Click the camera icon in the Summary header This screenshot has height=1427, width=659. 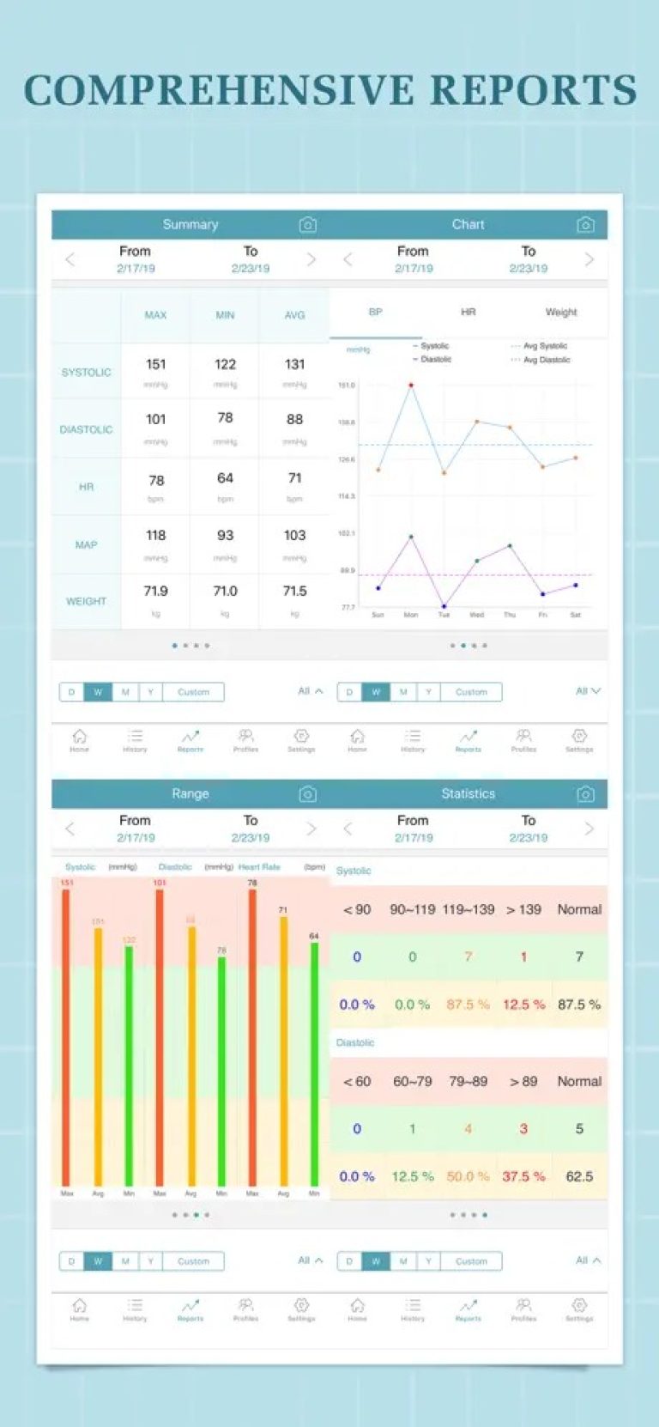[x=307, y=225]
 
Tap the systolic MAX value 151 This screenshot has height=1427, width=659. [x=155, y=365]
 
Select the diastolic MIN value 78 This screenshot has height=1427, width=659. [x=225, y=418]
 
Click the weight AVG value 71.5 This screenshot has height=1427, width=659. [x=294, y=592]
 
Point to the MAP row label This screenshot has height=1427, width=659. [x=86, y=545]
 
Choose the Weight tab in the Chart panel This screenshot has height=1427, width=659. [x=560, y=313]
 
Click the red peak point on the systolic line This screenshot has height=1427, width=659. [x=411, y=386]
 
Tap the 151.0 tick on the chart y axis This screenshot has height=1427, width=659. [x=346, y=386]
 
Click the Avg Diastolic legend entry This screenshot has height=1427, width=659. [x=546, y=360]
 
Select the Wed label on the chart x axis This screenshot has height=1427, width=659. [x=477, y=615]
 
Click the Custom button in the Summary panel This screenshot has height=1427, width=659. [x=193, y=692]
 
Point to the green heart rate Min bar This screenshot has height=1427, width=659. [x=314, y=1065]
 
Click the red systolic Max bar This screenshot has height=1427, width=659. [x=66, y=1039]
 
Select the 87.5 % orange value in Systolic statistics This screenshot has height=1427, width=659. [x=468, y=1005]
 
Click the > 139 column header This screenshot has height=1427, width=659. [x=523, y=910]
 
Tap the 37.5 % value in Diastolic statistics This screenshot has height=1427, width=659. [x=523, y=1177]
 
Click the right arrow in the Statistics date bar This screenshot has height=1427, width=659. [x=589, y=829]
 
